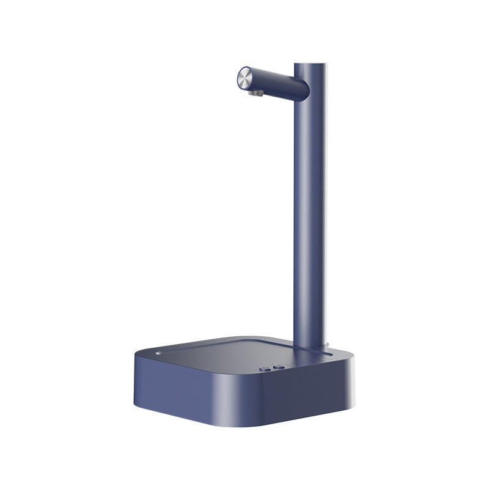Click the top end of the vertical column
pos(311,63)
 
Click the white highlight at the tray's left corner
pos(158,353)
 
